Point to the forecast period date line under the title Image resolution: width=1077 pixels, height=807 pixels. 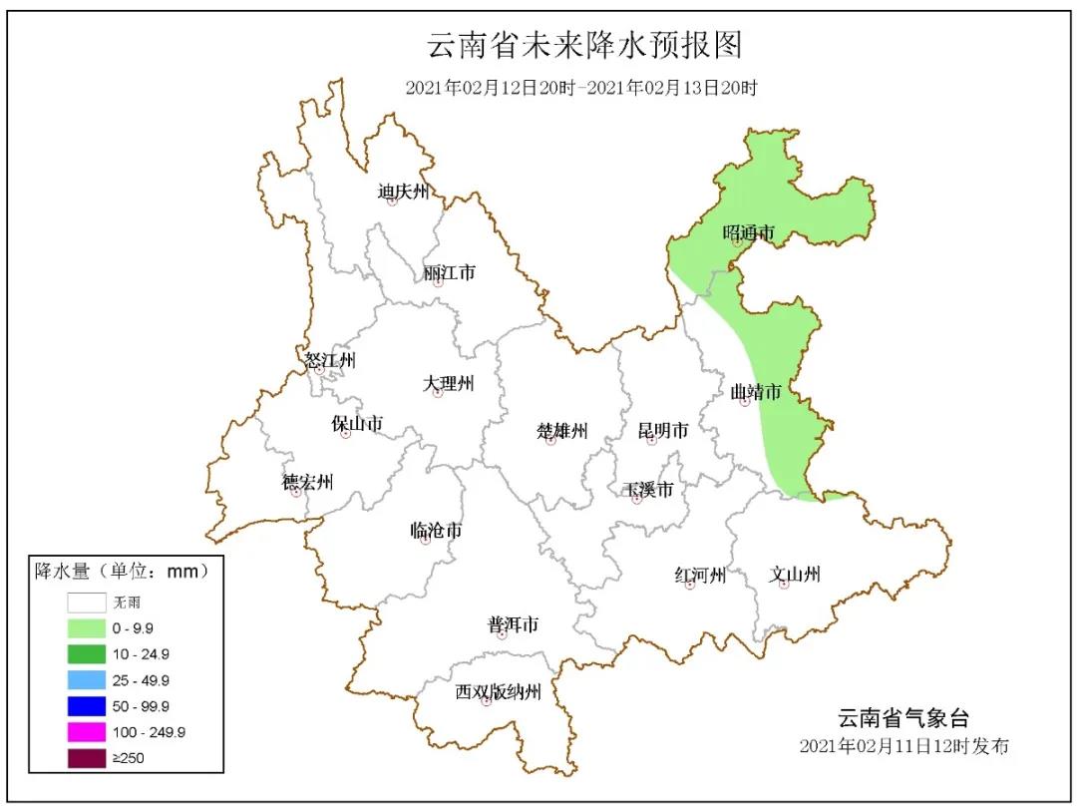click(581, 88)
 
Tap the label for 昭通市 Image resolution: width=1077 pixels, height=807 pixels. click(748, 232)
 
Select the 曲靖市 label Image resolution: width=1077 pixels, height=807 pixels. click(755, 392)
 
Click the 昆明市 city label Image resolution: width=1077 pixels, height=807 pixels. click(663, 431)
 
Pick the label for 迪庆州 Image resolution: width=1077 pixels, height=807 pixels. click(403, 191)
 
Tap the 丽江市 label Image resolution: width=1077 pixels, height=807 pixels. click(449, 272)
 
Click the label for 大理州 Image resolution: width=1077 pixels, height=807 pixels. click(449, 383)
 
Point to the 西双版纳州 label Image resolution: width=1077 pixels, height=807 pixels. click(498, 691)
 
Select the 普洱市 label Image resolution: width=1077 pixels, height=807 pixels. click(513, 624)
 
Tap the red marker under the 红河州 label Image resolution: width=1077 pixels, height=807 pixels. click(690, 586)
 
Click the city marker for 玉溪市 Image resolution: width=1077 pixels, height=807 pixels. click(637, 500)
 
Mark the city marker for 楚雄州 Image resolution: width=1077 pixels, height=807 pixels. click(550, 441)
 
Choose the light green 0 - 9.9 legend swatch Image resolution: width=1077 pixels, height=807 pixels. click(87, 628)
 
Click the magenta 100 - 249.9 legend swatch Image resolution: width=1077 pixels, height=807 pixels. click(87, 732)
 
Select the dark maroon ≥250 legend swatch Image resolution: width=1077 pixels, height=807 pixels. click(87, 758)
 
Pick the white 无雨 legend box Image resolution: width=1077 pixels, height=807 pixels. click(87, 603)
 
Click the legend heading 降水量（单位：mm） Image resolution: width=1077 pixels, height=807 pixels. click(122, 572)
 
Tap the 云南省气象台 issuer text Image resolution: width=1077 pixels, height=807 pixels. click(901, 718)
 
